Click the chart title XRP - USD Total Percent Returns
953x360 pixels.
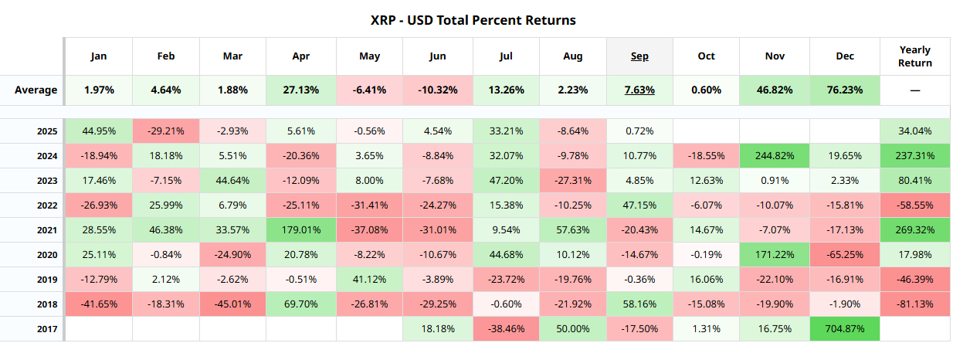473,20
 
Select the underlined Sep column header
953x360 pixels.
639,56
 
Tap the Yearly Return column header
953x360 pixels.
915,56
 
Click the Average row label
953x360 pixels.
36,90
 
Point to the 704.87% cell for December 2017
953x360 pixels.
845,328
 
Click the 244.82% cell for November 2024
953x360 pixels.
775,156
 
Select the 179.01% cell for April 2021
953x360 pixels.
301,230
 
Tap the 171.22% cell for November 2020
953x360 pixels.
775,255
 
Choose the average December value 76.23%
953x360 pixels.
845,90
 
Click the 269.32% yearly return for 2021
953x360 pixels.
915,230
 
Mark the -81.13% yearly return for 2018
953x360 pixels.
915,304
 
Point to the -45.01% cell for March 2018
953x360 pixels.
232,304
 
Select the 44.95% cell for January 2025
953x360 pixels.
98,131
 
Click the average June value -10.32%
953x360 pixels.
437,90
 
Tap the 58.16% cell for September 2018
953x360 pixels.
639,304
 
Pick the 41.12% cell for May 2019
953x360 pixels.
369,280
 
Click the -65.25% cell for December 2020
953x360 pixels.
845,255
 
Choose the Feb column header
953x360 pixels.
165,56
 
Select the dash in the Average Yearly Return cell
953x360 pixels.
915,90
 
